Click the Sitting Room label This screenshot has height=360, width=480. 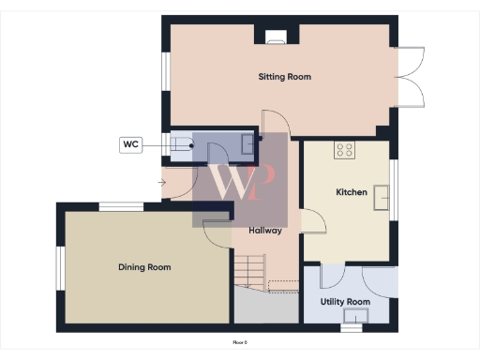click(x=285, y=77)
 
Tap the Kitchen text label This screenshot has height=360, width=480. click(x=352, y=192)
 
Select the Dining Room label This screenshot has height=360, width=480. click(x=144, y=267)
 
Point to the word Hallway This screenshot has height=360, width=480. click(x=265, y=231)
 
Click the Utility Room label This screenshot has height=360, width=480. click(x=344, y=302)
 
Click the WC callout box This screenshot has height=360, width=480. click(x=131, y=144)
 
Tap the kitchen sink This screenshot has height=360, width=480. click(x=382, y=197)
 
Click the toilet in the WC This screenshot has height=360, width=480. click(x=181, y=144)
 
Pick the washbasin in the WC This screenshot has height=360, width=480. click(x=247, y=143)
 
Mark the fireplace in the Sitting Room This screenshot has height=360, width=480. click(x=277, y=38)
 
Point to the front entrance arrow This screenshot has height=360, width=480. click(x=162, y=181)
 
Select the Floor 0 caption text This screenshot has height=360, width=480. click(x=239, y=342)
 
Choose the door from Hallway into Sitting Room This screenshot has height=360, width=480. click(x=273, y=124)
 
